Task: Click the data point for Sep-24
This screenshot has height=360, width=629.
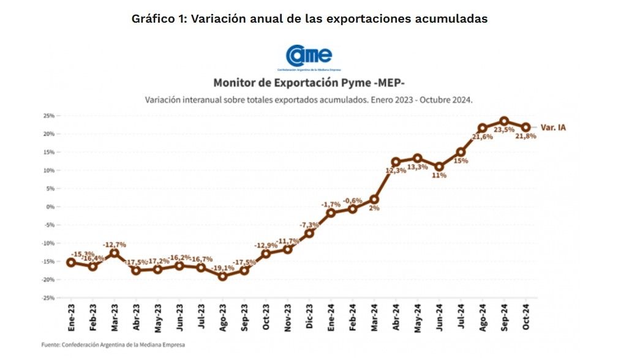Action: (x=504, y=121)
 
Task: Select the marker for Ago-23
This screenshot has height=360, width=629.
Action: (x=222, y=276)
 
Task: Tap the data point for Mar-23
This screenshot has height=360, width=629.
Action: (x=115, y=253)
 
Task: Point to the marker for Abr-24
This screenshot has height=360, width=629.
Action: (x=396, y=162)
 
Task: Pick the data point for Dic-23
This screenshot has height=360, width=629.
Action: (x=309, y=233)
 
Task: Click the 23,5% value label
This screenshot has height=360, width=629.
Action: (x=504, y=130)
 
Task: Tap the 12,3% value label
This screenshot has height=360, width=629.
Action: (x=396, y=171)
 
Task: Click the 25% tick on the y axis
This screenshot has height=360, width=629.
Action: (x=49, y=116)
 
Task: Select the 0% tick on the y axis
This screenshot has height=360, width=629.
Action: (x=51, y=206)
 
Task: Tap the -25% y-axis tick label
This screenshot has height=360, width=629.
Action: (x=48, y=298)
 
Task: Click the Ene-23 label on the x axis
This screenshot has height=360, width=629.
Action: (x=71, y=317)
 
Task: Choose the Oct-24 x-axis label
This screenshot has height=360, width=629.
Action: (x=525, y=317)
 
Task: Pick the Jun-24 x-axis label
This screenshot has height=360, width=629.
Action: (x=439, y=317)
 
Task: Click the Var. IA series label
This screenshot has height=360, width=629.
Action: (x=552, y=127)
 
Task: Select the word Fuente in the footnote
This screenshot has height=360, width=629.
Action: (x=51, y=345)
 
